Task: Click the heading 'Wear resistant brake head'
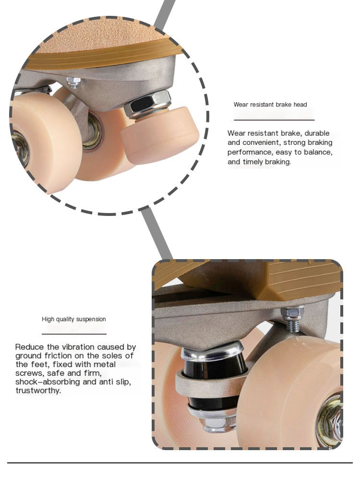tap(270, 105)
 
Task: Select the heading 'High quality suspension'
tap(74, 319)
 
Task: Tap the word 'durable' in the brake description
tap(317, 133)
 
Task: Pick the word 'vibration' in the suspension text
tap(65, 347)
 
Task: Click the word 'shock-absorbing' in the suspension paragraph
tap(46, 382)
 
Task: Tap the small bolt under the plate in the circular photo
tap(73, 83)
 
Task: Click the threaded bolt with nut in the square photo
tap(292, 319)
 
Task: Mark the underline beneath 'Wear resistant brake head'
tap(274, 119)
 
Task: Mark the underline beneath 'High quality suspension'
tap(74, 334)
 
